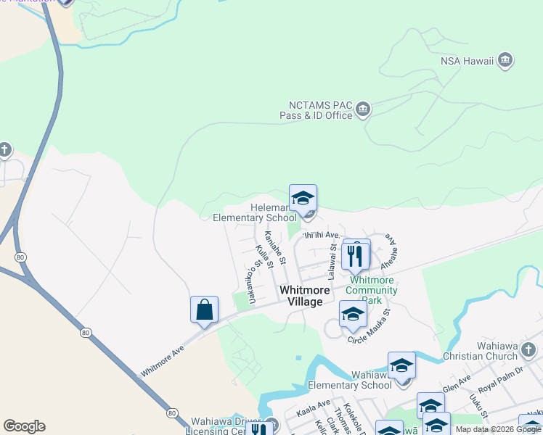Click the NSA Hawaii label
467,60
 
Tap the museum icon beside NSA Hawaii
506,60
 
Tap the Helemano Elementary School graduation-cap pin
303,198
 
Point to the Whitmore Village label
301,296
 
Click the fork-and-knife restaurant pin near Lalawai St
355,256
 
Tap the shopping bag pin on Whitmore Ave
204,310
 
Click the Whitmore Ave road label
163,360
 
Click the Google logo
24,426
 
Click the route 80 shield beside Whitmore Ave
86,333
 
